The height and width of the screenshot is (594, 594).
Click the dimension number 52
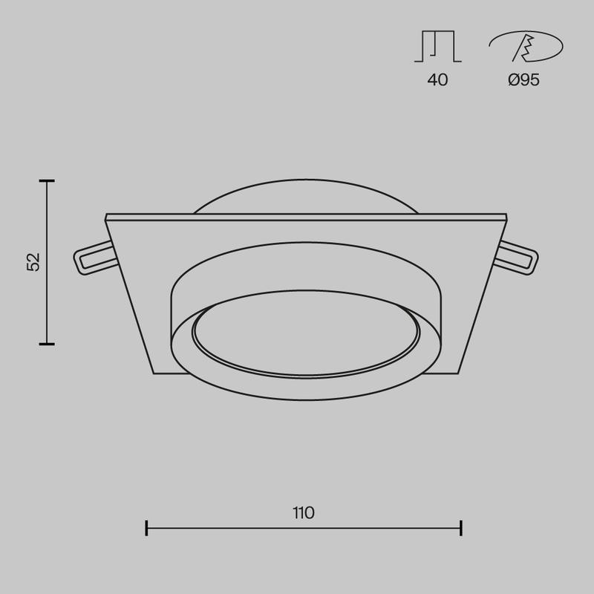point(33,262)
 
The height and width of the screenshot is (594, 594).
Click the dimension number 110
point(303,512)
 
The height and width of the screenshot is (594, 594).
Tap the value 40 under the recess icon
point(437,80)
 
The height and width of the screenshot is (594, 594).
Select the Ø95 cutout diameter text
point(523,80)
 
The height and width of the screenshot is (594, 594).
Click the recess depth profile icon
point(437,47)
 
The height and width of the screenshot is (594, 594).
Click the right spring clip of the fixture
point(518,258)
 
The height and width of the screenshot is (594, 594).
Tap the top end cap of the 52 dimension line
point(48,180)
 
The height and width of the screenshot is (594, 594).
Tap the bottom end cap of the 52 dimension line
point(48,344)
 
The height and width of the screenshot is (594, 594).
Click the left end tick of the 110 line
point(147,528)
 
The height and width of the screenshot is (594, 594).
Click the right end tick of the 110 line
point(462,528)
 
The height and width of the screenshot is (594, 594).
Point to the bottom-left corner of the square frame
point(154,373)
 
